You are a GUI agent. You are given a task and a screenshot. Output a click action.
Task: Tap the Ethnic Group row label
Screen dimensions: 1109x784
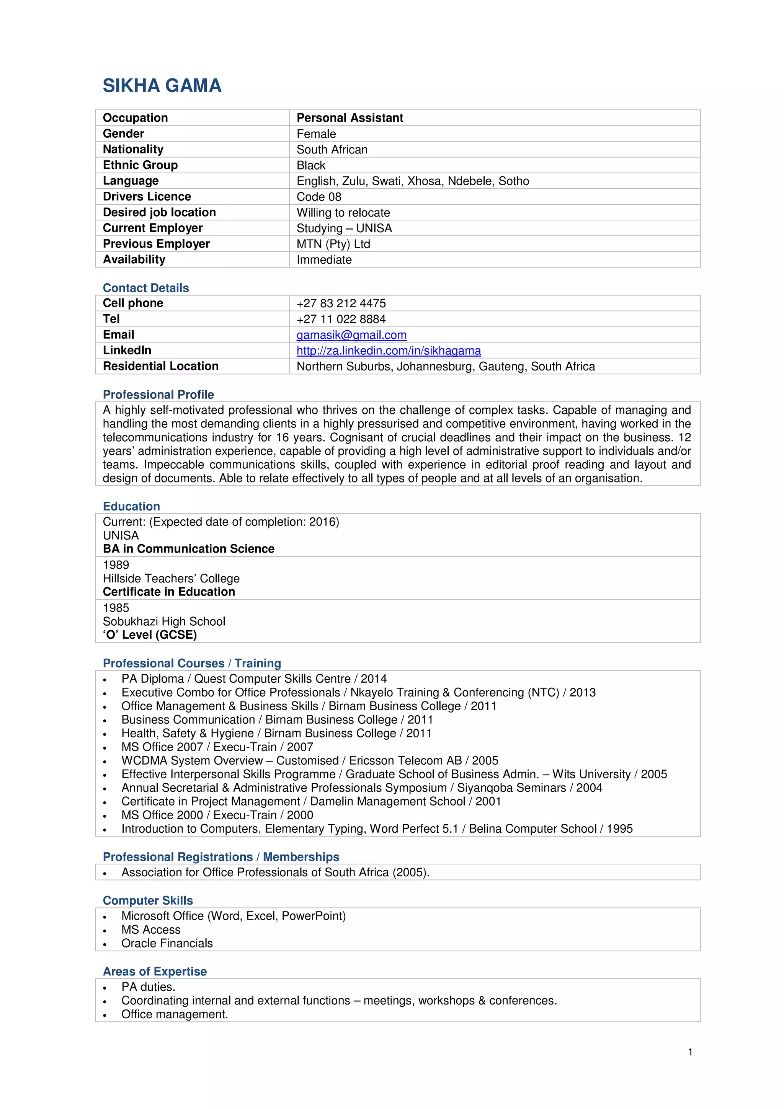tap(140, 165)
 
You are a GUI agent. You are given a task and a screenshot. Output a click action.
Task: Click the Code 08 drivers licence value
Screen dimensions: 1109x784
tap(319, 197)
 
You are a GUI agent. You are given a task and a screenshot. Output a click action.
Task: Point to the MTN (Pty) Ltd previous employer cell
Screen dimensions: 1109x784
tap(333, 244)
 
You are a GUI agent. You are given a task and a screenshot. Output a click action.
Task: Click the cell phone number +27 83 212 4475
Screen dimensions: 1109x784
tap(341, 303)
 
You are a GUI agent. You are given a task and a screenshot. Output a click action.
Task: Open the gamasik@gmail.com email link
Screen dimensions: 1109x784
tap(351, 335)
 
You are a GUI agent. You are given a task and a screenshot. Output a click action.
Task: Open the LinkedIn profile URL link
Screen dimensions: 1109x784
tap(389, 351)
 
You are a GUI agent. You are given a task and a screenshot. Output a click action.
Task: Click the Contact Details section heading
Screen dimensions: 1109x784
tap(146, 288)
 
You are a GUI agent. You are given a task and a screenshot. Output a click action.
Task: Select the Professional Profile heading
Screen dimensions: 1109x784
tap(158, 395)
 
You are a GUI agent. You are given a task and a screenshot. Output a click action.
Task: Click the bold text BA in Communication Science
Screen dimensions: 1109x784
tap(188, 549)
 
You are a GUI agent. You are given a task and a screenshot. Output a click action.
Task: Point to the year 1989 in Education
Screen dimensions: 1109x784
tap(116, 565)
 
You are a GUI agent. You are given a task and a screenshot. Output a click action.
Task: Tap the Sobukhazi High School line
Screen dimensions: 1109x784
tap(164, 621)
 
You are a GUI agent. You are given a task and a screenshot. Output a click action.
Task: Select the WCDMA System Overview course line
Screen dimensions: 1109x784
tap(310, 760)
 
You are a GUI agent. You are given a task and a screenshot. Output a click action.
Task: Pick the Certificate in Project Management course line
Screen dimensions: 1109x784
tap(311, 801)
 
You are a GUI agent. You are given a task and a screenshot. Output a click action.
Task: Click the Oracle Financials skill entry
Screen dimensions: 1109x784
tap(167, 943)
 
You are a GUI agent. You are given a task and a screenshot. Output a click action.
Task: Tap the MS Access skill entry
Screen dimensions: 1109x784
tap(151, 930)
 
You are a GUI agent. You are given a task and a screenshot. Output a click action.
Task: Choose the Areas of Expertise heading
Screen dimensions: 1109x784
tap(155, 971)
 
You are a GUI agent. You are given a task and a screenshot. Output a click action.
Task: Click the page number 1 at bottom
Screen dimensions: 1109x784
tap(690, 1052)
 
